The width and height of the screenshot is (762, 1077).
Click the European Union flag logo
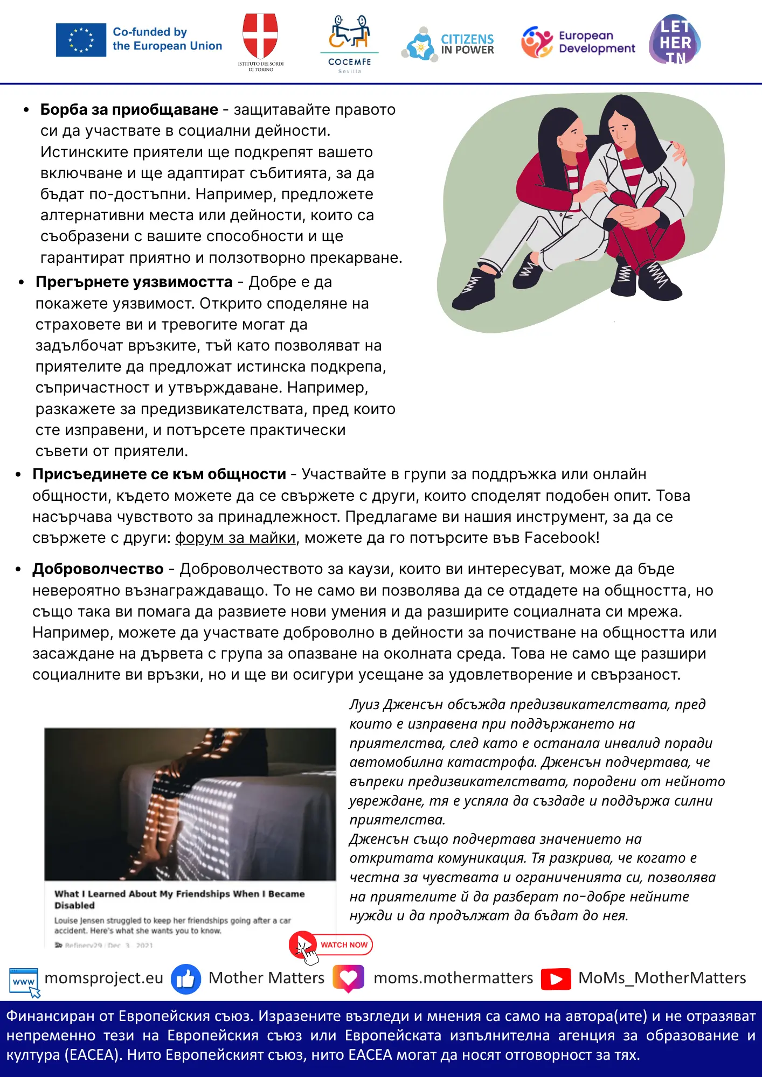(81, 40)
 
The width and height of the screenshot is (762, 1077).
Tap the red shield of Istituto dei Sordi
(260, 36)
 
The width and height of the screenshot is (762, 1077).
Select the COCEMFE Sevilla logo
(349, 43)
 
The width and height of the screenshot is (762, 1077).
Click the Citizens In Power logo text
(467, 44)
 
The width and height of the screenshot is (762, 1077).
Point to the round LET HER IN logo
(675, 40)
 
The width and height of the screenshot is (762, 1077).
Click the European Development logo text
(597, 42)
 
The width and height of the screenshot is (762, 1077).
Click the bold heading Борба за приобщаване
(129, 110)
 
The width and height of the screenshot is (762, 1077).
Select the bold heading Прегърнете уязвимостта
(134, 282)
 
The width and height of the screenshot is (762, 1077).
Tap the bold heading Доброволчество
(98, 569)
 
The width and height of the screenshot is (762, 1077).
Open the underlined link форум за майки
(235, 538)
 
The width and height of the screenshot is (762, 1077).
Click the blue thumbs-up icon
(186, 978)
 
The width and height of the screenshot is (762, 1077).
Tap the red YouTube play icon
(556, 978)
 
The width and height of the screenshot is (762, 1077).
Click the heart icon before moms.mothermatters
(349, 978)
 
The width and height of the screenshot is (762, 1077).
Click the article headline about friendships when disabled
(179, 899)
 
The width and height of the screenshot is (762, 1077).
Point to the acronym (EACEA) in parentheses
(92, 1055)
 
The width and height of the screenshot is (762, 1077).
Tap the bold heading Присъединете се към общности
(159, 474)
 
